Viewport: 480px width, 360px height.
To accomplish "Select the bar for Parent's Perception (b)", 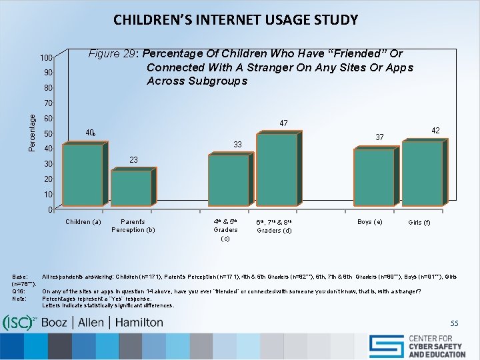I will [131, 189].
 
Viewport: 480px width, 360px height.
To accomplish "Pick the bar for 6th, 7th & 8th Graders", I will [276, 169].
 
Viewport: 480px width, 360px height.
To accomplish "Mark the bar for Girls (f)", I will [422, 173].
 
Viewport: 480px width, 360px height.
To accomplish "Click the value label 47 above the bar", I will [283, 123].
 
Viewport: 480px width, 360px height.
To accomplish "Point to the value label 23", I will [133, 160].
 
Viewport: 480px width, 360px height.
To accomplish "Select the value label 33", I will [236, 145].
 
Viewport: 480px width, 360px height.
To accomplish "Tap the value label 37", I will [379, 137].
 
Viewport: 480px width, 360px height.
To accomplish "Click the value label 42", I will [435, 131].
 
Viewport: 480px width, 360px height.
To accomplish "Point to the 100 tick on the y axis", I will [45, 58].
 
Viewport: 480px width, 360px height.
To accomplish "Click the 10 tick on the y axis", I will [49, 195].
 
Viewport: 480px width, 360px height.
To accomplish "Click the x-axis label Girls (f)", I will [419, 223].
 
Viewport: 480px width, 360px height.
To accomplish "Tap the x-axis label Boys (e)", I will [369, 222].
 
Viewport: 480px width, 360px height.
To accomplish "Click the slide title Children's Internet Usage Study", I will [235, 19].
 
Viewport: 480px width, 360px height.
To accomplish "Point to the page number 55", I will [454, 323].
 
